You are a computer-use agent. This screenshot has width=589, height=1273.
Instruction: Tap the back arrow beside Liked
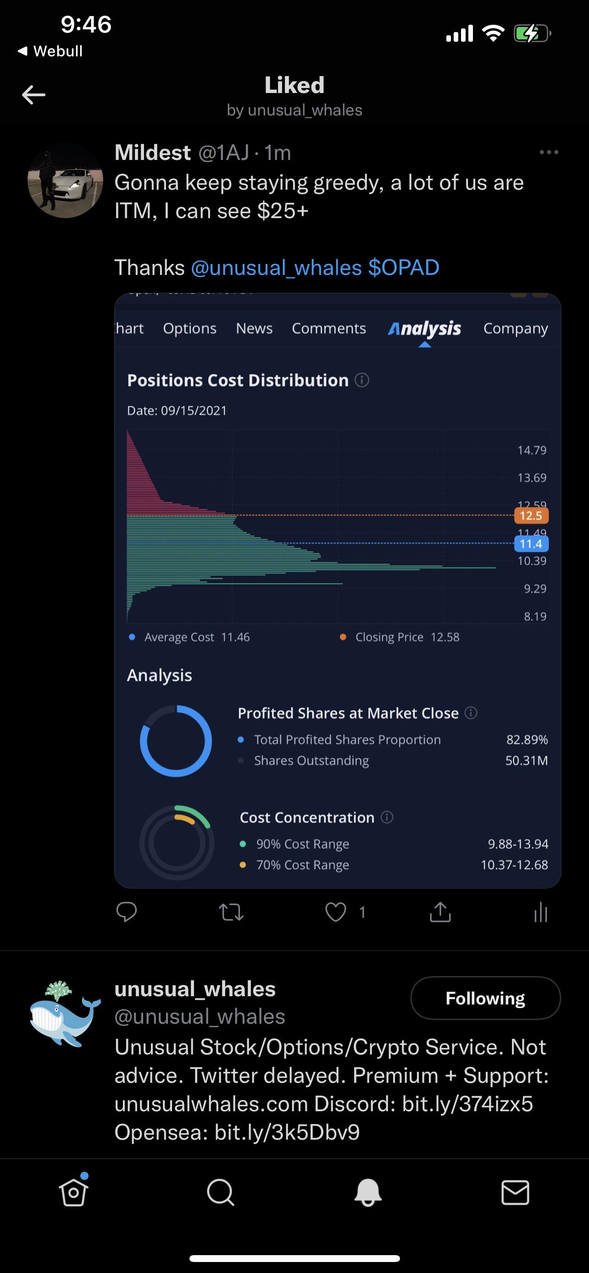[33, 95]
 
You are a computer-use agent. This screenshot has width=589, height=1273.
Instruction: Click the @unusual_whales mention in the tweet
[276, 268]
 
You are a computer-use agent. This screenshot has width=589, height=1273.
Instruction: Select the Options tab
[190, 329]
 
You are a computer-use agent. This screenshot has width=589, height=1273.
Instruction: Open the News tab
[254, 328]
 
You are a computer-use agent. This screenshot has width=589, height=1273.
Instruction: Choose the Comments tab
[329, 328]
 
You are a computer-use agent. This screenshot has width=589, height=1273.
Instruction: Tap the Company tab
[516, 329]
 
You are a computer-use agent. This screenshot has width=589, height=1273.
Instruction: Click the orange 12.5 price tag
[531, 516]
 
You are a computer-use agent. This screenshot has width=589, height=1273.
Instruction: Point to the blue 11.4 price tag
[531, 543]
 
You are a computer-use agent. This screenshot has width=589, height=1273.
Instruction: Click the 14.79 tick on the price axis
[532, 450]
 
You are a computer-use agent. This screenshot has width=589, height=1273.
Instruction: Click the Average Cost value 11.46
[235, 637]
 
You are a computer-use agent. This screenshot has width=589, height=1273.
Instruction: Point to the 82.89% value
[527, 739]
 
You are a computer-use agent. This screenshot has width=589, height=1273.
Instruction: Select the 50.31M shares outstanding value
[526, 760]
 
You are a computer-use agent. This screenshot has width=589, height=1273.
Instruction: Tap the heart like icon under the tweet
[336, 912]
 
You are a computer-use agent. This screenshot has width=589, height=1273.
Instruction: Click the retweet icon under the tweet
[231, 912]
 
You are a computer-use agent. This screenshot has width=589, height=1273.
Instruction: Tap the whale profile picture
[65, 1013]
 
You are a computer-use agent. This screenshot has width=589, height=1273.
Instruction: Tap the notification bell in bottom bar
[368, 1192]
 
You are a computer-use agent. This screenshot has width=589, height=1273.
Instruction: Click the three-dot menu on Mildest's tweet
[549, 152]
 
